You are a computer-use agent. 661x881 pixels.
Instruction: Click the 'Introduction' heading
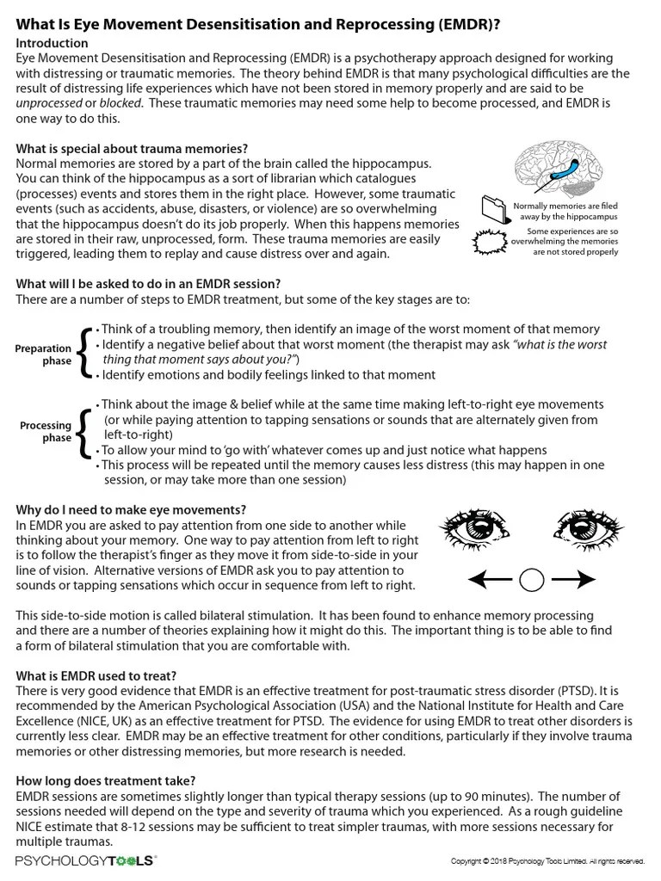pos(52,43)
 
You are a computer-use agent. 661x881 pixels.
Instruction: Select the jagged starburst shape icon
pos(492,243)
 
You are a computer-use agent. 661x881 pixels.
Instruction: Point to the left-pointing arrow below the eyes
pos(491,581)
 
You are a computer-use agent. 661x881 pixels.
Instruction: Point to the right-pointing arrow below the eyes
pos(573,581)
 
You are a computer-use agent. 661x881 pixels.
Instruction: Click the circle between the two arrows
pos(533,581)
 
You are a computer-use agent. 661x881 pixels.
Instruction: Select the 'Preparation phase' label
pos(43,355)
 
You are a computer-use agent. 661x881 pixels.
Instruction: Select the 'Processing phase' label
pos(46,432)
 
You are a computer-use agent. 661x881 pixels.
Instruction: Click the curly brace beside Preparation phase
pos(83,353)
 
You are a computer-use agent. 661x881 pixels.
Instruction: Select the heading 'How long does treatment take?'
pos(106,781)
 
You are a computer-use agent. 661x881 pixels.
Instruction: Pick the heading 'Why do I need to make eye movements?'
pos(131,509)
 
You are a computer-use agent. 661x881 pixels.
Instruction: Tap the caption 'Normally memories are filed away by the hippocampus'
pos(565,212)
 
